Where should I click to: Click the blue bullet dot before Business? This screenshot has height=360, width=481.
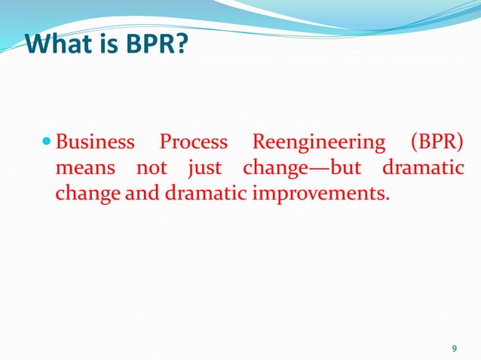(x=47, y=141)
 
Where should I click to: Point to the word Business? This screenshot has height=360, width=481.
(x=96, y=142)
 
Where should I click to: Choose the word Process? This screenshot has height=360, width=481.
(x=194, y=142)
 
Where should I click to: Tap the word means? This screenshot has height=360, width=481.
(x=85, y=168)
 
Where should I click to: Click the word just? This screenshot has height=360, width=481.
(x=204, y=168)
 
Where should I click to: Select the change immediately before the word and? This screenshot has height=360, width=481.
(x=87, y=194)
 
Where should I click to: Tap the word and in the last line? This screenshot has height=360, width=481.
(x=137, y=193)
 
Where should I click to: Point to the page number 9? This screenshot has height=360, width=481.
(x=453, y=348)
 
